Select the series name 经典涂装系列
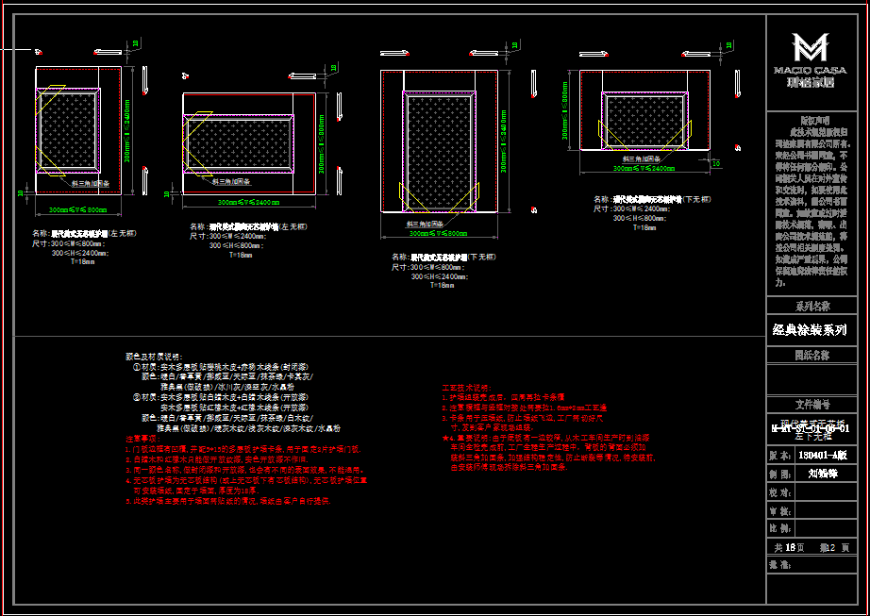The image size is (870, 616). [x=810, y=330]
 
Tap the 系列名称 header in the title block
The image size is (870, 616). [x=811, y=307]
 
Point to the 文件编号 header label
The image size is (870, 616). [x=811, y=403]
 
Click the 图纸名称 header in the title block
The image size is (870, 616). [x=811, y=356]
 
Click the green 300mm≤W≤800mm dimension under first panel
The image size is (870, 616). [x=78, y=209]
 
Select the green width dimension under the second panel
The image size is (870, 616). [x=248, y=203]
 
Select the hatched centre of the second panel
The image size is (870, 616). [x=248, y=142]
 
